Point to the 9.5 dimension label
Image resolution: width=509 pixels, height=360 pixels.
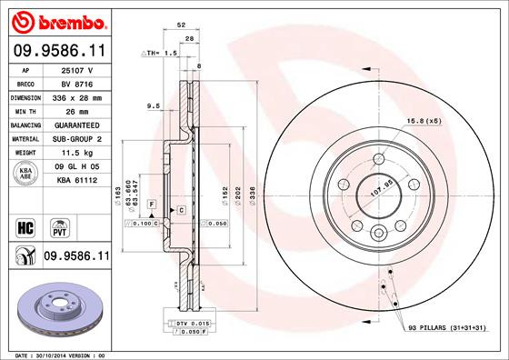153,106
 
